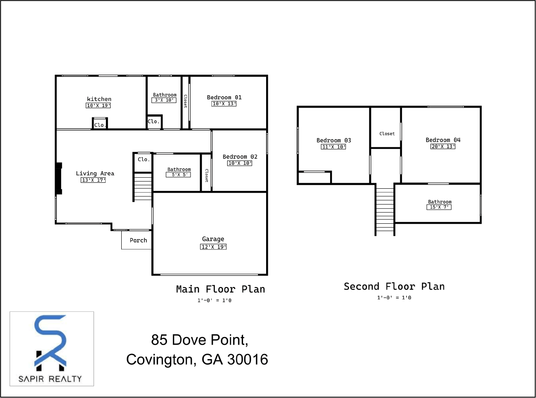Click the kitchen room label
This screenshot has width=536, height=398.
coord(99,99)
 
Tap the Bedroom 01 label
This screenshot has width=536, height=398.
coord(224,97)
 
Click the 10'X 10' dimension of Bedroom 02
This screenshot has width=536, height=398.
coord(240,163)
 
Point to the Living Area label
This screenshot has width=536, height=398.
coord(95,173)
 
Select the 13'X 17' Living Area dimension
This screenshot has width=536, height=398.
coord(93,180)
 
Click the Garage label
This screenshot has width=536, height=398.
coord(213,239)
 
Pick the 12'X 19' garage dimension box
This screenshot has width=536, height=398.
coord(213,247)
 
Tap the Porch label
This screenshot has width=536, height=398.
coord(138,240)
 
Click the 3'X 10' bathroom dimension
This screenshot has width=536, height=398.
coord(164,100)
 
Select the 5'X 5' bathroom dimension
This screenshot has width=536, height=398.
coord(178,175)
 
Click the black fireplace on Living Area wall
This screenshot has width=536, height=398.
coord(59,179)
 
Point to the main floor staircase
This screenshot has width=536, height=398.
coord(143,186)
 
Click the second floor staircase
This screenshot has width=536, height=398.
coord(385,210)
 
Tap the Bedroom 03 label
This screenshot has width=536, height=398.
coord(334,140)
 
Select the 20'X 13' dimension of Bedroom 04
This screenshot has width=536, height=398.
coord(443,146)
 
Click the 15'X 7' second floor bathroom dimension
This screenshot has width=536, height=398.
coord(439,208)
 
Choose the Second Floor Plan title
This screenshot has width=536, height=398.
coord(394,287)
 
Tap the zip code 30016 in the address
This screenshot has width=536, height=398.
coord(248,360)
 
